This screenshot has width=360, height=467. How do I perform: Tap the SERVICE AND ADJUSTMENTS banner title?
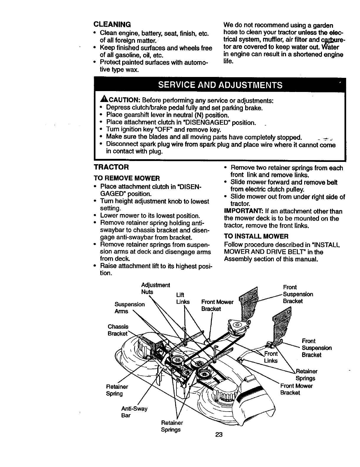(x=220, y=85)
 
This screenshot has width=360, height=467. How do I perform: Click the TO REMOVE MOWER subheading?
(x=127, y=178)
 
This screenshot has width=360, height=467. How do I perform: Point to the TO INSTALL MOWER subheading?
(x=256, y=236)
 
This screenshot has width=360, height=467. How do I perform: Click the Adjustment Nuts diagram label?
(x=155, y=289)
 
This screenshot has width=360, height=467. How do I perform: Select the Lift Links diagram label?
(x=182, y=299)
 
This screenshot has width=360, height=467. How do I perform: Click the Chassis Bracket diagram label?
(x=118, y=330)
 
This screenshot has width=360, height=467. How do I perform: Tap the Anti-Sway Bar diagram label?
(x=134, y=412)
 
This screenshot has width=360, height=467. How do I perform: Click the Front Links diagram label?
(x=271, y=357)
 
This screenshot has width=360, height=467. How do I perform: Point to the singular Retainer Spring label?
(x=117, y=390)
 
